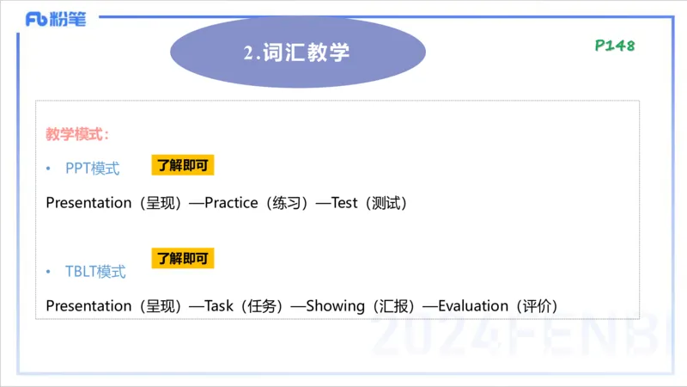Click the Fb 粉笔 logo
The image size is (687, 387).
[56, 19]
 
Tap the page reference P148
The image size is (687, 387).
[615, 46]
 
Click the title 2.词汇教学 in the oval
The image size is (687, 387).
[297, 52]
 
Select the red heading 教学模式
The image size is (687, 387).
[76, 134]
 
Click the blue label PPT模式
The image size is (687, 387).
[92, 169]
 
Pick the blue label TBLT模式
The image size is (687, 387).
[94, 272]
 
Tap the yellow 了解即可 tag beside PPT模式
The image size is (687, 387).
[182, 165]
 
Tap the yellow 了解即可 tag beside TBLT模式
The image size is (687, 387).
[182, 257]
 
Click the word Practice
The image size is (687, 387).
[231, 203]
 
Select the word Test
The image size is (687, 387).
[343, 203]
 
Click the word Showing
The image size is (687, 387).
[335, 305]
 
